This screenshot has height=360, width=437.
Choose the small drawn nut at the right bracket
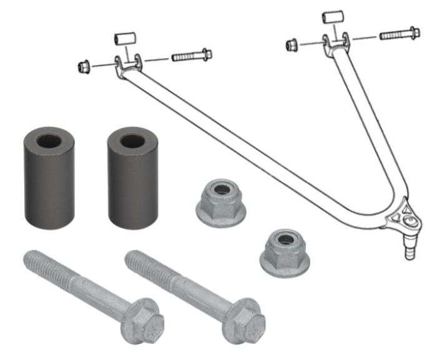click(290, 46)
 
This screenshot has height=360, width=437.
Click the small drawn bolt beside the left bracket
click(191, 56)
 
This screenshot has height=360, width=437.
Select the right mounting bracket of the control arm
click(336, 42)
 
